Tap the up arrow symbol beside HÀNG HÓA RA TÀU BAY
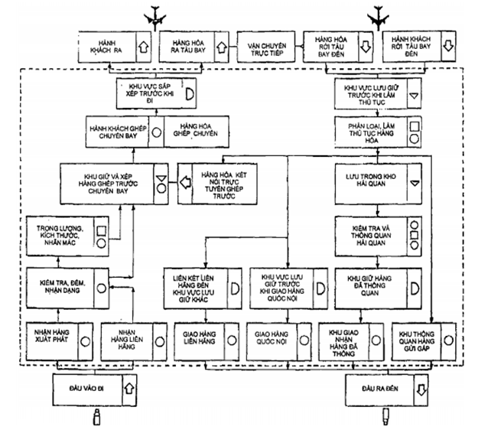(x=223, y=47)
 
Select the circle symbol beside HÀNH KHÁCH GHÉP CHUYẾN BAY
(x=156, y=130)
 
